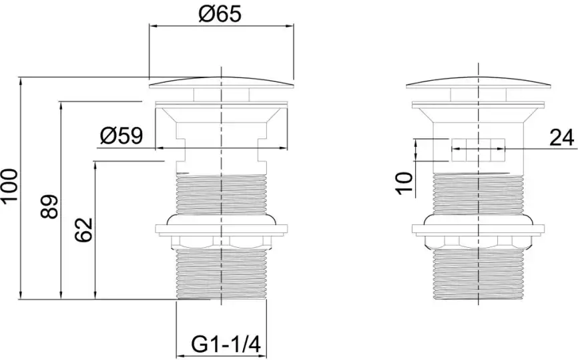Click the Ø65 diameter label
point(220,14)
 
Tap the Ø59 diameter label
point(121,136)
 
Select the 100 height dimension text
point(9,186)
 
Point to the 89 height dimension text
point(49,207)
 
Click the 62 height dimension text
point(83,230)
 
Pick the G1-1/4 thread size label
point(226,345)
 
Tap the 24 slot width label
point(562,138)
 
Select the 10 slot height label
point(404,182)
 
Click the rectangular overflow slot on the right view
point(478,150)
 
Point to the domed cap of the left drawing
point(221,83)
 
